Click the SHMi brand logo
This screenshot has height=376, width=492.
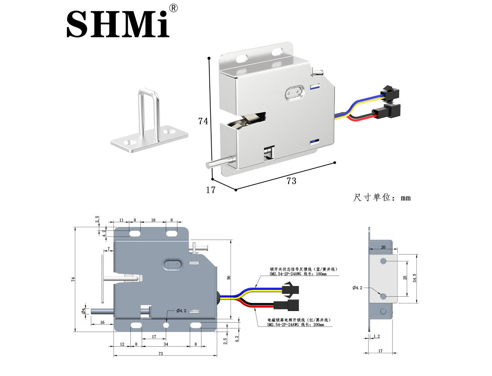(118, 24)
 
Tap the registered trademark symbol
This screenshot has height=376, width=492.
(173, 8)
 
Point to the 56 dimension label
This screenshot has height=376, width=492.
(229, 278)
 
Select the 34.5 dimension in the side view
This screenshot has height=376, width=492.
(415, 278)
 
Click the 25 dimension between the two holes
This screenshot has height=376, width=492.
(405, 277)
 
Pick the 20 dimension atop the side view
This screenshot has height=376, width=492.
(383, 247)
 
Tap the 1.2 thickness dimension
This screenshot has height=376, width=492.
(377, 337)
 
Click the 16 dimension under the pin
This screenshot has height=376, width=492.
(102, 322)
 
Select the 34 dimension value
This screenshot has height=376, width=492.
(166, 344)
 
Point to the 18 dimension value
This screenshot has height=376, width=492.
(153, 220)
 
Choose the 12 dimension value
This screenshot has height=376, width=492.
(122, 344)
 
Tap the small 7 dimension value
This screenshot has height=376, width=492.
(109, 249)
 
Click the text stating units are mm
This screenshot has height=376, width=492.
(381, 197)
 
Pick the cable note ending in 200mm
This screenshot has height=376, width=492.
(299, 322)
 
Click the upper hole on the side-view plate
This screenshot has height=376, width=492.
(383, 261)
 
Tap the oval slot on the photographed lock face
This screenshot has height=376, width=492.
(294, 92)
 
